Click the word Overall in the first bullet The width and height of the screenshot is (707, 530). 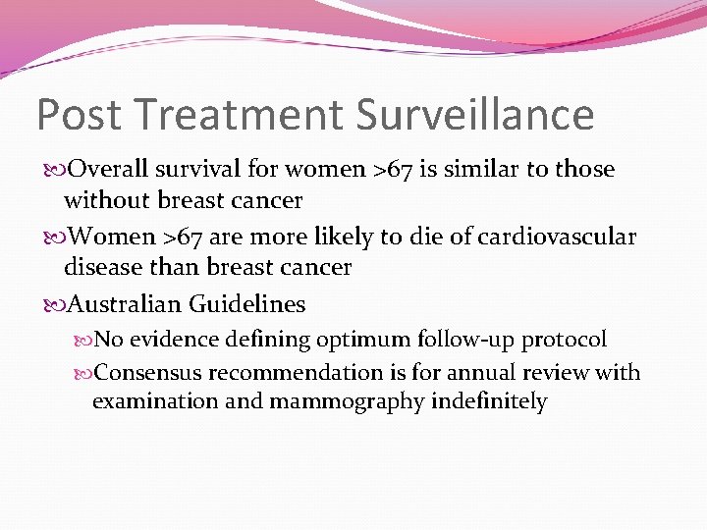click(108, 170)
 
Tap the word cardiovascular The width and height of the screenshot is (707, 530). click(551, 237)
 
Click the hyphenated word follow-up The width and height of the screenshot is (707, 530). click(469, 340)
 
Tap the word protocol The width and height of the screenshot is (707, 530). click(564, 340)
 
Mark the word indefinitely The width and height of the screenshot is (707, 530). click(489, 402)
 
